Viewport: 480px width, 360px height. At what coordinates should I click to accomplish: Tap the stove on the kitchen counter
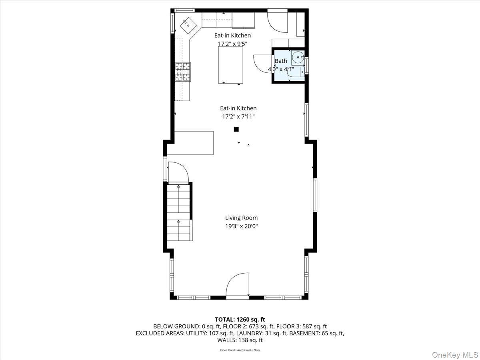click(182, 72)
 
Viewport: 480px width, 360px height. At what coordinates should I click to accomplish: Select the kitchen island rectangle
click(230, 65)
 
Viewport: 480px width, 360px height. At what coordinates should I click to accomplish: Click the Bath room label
click(281, 61)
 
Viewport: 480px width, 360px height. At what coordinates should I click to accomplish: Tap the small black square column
click(236, 129)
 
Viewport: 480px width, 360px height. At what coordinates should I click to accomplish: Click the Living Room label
click(241, 218)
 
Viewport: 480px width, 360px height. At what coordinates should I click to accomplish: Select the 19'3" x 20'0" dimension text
click(241, 226)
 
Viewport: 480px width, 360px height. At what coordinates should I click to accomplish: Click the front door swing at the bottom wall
click(238, 285)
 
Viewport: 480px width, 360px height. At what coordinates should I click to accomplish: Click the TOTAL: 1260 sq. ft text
click(240, 319)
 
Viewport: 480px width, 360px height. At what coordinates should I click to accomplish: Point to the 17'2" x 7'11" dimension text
click(238, 117)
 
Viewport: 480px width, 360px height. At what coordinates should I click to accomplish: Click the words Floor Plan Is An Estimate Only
click(240, 350)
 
